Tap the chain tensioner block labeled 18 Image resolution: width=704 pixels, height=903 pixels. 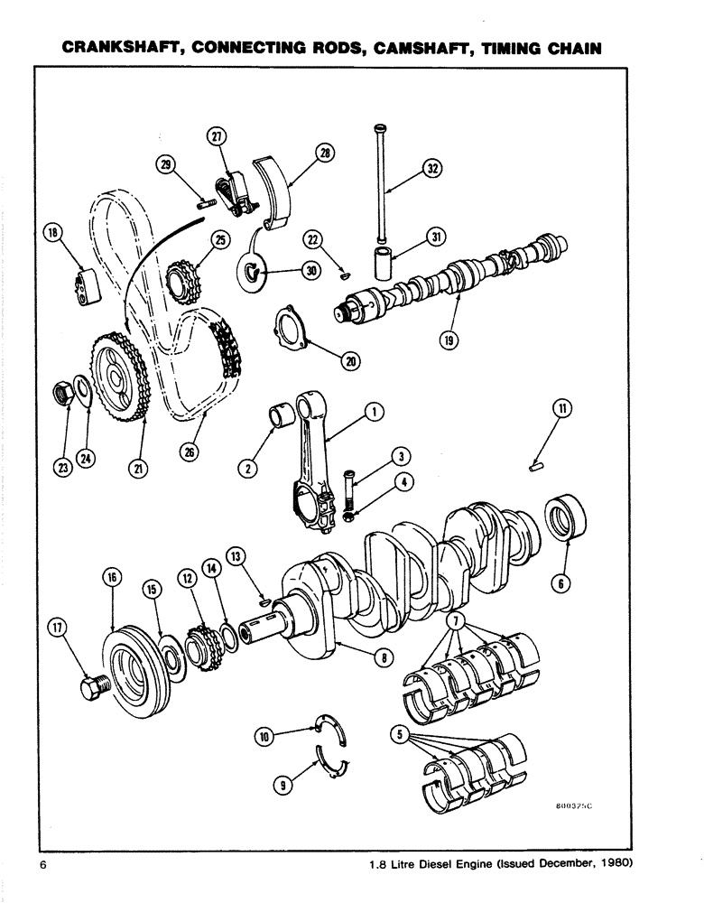pos(87,287)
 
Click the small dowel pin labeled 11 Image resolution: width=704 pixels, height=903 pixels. pos(534,467)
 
